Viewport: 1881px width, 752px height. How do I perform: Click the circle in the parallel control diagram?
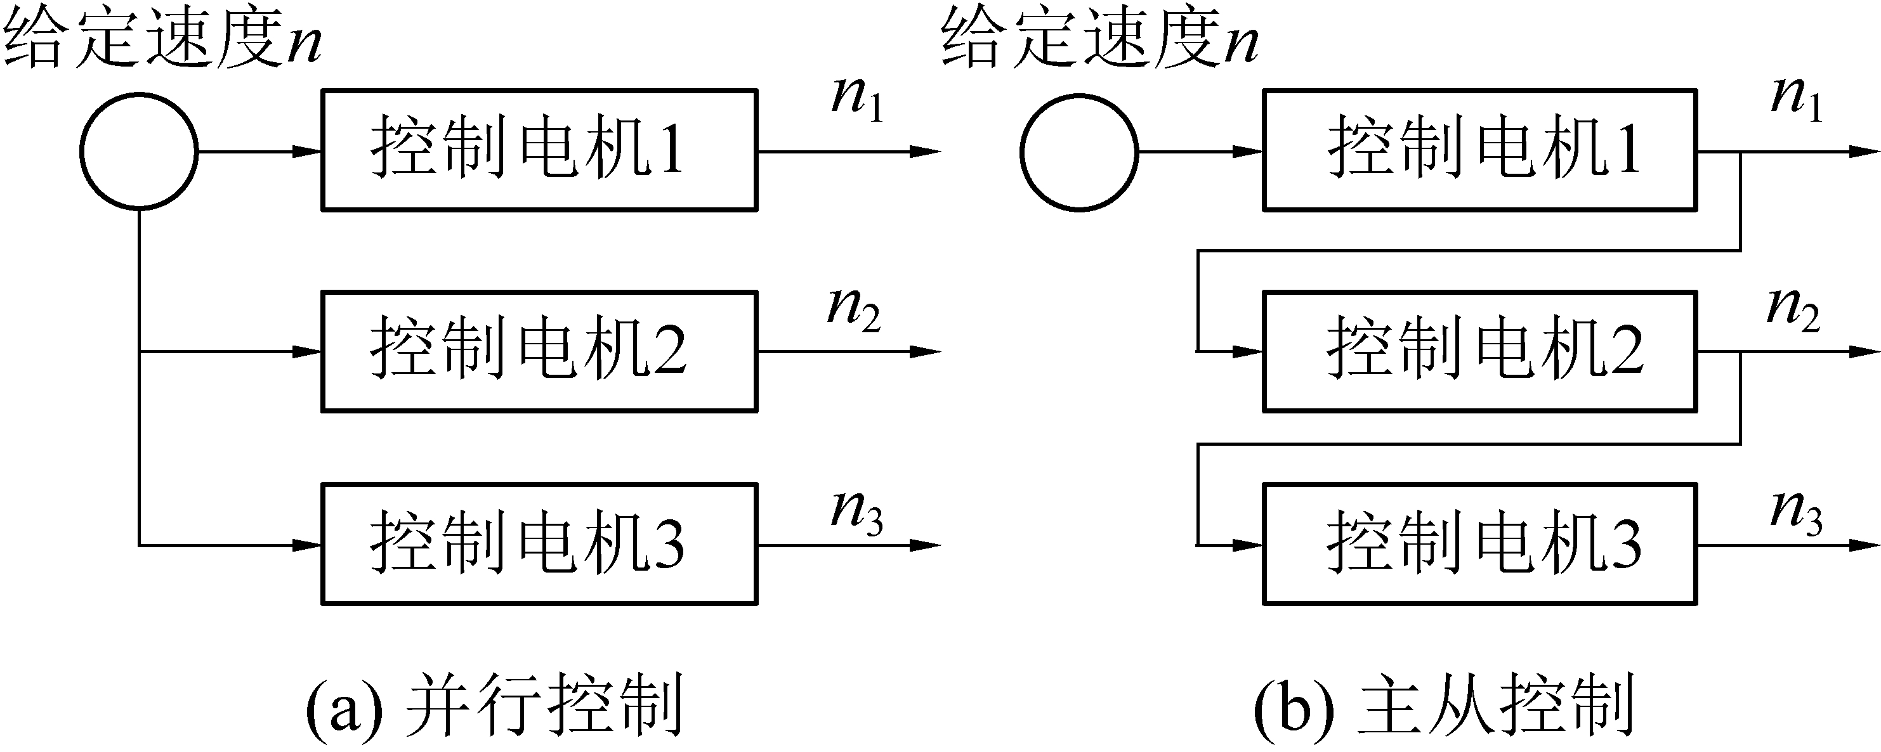pos(139,151)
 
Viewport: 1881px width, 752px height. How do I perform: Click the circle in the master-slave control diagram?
pos(1078,152)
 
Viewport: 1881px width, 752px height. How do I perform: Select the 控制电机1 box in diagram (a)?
pos(539,150)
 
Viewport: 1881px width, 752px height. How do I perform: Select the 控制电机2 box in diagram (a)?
pos(539,351)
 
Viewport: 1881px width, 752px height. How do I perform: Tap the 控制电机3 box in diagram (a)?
pos(539,544)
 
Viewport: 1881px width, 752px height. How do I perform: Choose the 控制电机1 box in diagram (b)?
pos(1479,150)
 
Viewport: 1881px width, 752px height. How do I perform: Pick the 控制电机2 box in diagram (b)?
pos(1479,351)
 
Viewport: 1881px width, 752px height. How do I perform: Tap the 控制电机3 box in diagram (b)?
pos(1479,544)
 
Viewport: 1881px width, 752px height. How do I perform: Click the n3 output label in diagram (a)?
pos(857,512)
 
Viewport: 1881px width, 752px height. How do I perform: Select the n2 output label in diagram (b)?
pos(1793,309)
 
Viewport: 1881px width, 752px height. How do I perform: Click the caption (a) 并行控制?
pos(494,705)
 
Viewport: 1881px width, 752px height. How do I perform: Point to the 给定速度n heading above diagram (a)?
pos(162,40)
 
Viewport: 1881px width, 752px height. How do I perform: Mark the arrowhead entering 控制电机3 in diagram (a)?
pos(306,545)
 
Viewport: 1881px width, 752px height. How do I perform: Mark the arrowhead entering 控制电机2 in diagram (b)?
pos(1247,352)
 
